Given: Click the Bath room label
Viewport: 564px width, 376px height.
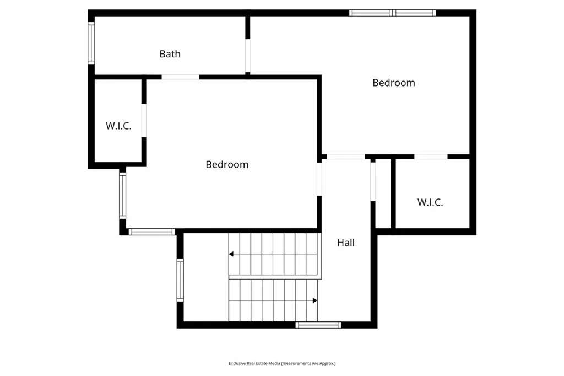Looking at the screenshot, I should (x=170, y=54).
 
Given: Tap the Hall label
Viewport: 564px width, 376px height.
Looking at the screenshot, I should (x=346, y=243).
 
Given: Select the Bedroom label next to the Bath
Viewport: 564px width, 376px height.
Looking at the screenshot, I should (x=227, y=165).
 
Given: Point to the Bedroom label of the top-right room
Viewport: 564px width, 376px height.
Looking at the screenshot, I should (x=393, y=83).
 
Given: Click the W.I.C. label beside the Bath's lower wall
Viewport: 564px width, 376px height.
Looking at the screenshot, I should (x=118, y=126).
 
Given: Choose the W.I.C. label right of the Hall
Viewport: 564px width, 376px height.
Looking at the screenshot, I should (x=430, y=202).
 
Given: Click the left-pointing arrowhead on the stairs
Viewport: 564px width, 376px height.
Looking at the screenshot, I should (x=231, y=254).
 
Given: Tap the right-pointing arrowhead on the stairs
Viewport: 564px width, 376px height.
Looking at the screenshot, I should (x=315, y=300).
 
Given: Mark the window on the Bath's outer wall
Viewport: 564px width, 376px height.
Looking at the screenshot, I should (x=91, y=43).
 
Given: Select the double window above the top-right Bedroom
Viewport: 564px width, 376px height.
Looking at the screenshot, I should (x=393, y=13).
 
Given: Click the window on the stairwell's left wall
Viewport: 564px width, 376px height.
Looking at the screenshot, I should (x=180, y=280).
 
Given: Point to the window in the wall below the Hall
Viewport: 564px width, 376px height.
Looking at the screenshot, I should (x=318, y=325).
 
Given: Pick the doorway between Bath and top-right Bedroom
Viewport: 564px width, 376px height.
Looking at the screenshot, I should (x=248, y=56).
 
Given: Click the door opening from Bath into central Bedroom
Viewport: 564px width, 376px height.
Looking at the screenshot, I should (x=180, y=77).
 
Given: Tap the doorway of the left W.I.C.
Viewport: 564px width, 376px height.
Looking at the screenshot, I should (x=144, y=120).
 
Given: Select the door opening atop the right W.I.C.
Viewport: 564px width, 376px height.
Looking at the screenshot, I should (x=431, y=157).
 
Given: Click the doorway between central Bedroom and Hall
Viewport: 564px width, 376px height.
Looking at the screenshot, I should (x=319, y=179).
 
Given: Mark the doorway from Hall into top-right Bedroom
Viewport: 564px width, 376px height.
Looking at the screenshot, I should (x=345, y=157).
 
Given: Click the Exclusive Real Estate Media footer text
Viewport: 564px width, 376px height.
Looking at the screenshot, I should (x=282, y=363).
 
